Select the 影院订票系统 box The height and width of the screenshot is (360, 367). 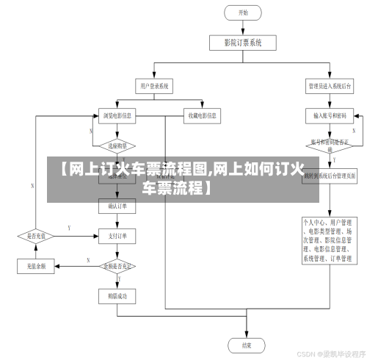point(243,42)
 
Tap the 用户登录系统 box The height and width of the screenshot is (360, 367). point(155,86)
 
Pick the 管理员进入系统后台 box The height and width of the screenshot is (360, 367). point(329,86)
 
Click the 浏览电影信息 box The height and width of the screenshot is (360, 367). point(117,115)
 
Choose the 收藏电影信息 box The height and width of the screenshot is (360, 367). point(203,115)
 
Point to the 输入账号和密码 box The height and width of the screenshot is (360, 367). point(330,115)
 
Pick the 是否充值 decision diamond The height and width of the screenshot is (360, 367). point(37,237)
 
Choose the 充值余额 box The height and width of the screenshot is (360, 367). point(37,265)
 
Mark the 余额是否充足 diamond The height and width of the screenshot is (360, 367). point(117,265)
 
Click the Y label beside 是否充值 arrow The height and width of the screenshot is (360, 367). point(69,229)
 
